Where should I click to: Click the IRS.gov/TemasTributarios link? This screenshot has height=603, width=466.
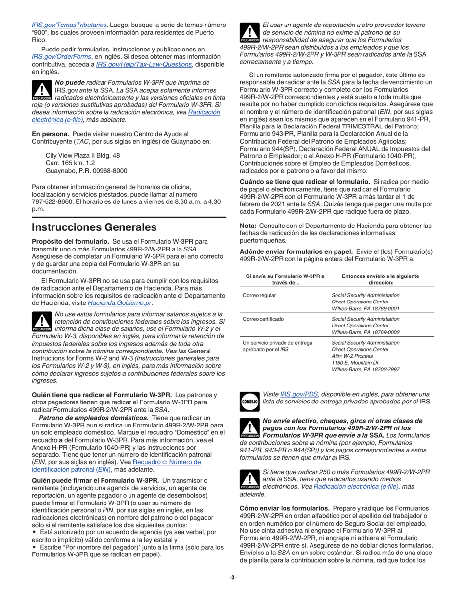(69, 25)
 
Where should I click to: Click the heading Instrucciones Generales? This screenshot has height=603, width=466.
(94, 227)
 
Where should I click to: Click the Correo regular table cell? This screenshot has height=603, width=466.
(259, 296)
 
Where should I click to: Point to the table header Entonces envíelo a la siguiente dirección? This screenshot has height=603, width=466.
(380, 279)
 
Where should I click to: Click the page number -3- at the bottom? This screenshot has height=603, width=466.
(233, 578)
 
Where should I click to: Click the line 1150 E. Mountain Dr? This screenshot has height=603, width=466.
(356, 362)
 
